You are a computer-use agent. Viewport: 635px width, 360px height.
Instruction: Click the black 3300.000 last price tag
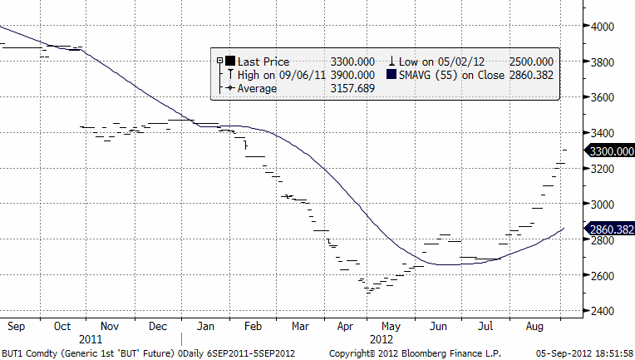click(611, 151)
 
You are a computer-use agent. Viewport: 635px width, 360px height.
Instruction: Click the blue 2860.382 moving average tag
click(611, 229)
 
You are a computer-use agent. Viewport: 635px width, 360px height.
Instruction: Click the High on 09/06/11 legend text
click(273, 75)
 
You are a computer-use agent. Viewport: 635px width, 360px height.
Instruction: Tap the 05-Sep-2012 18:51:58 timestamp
click(585, 353)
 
